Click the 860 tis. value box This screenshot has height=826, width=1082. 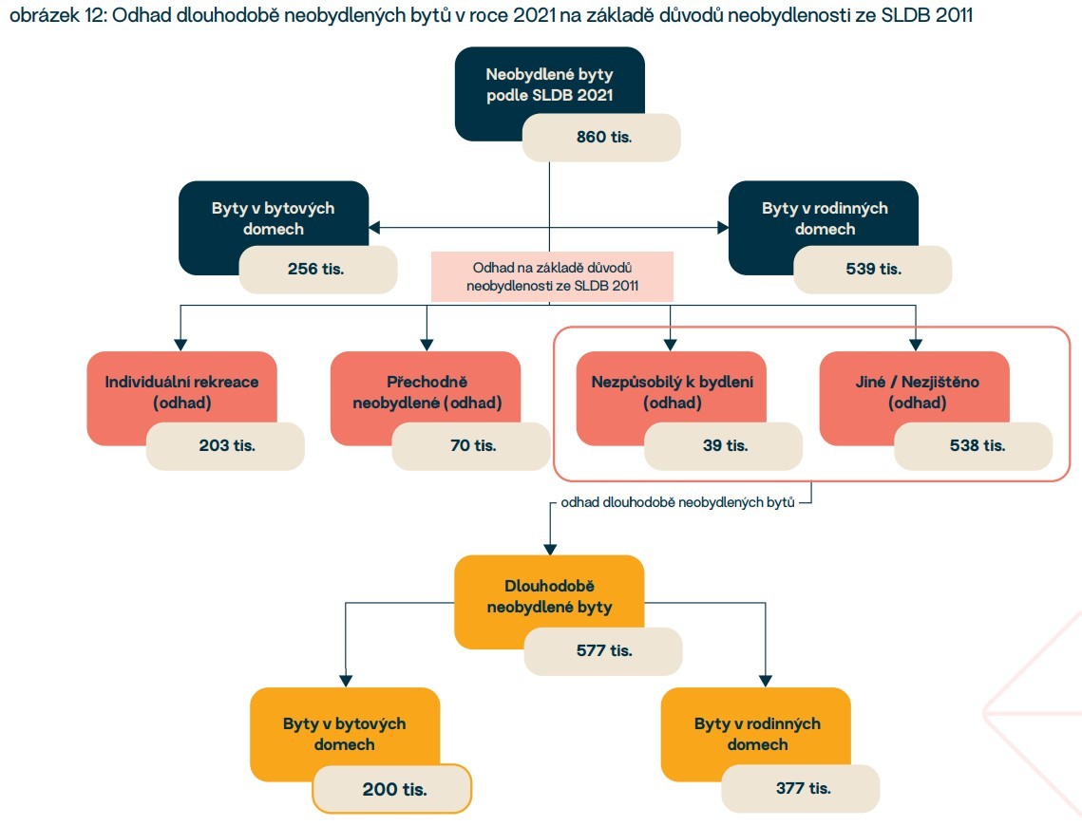602,137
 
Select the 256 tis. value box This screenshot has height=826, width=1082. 317,269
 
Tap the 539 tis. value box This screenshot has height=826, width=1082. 873,269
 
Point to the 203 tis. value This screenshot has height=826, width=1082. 226,444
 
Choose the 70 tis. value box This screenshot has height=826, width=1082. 471,444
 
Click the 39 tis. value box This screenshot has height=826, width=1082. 723,444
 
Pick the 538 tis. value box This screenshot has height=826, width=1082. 974,444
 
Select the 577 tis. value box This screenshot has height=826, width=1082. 603,650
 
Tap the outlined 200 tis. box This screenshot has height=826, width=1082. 392,788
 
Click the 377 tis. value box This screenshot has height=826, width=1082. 801,788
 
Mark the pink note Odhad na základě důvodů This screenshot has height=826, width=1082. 552,276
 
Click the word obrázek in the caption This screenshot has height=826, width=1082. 36,19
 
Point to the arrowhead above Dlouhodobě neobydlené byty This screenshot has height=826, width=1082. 549,548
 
